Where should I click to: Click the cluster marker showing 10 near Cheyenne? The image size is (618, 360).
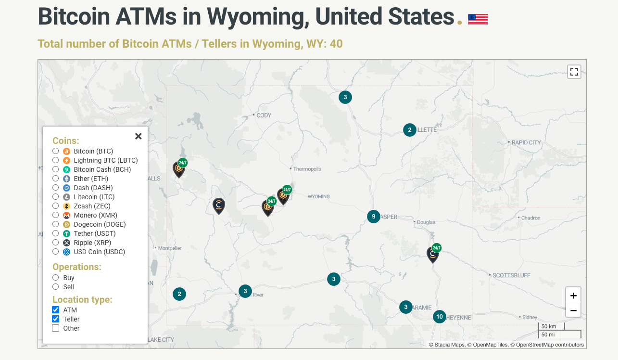(x=439, y=316)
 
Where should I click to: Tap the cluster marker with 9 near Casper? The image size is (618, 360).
(x=374, y=217)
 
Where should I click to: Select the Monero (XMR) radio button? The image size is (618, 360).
(x=56, y=215)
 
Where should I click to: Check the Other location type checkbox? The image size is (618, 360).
(x=56, y=328)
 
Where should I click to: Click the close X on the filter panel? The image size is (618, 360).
(x=139, y=136)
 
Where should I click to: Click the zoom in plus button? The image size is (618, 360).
(x=573, y=296)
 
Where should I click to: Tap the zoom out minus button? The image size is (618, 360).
(x=573, y=310)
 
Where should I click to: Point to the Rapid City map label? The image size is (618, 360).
(x=526, y=142)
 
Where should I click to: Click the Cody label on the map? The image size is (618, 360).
(x=264, y=116)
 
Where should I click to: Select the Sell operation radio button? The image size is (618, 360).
(x=56, y=287)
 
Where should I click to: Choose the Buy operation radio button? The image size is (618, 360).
(x=56, y=278)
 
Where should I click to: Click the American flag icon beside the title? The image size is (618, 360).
(x=478, y=19)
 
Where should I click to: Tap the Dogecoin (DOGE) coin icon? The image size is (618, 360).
(x=67, y=224)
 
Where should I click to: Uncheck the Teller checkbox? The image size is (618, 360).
(x=56, y=319)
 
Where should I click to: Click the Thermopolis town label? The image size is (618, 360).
(x=307, y=169)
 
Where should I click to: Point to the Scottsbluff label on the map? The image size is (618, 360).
(x=511, y=275)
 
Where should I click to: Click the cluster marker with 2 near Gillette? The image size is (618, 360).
(x=410, y=130)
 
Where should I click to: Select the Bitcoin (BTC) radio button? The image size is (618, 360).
(x=56, y=151)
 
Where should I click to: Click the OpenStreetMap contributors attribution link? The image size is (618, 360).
(x=550, y=345)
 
